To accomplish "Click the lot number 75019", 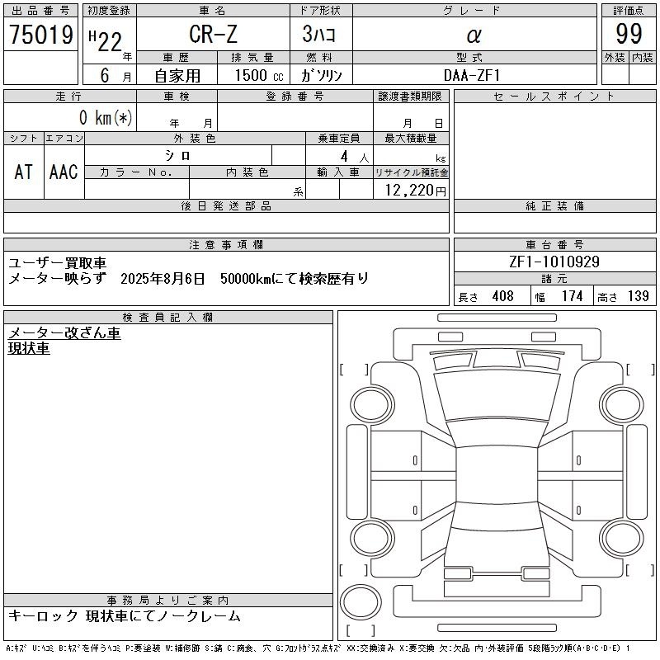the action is [41, 35].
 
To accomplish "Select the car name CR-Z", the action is [214, 34].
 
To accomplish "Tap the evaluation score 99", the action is [629, 34].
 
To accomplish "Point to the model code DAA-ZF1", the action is [472, 75].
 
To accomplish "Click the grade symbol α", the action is [474, 35].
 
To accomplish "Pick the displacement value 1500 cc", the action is [259, 75].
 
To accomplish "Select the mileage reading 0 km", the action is [96, 117].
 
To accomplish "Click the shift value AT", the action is [24, 172].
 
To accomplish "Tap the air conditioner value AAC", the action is [64, 172].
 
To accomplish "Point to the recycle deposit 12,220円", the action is [416, 191].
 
